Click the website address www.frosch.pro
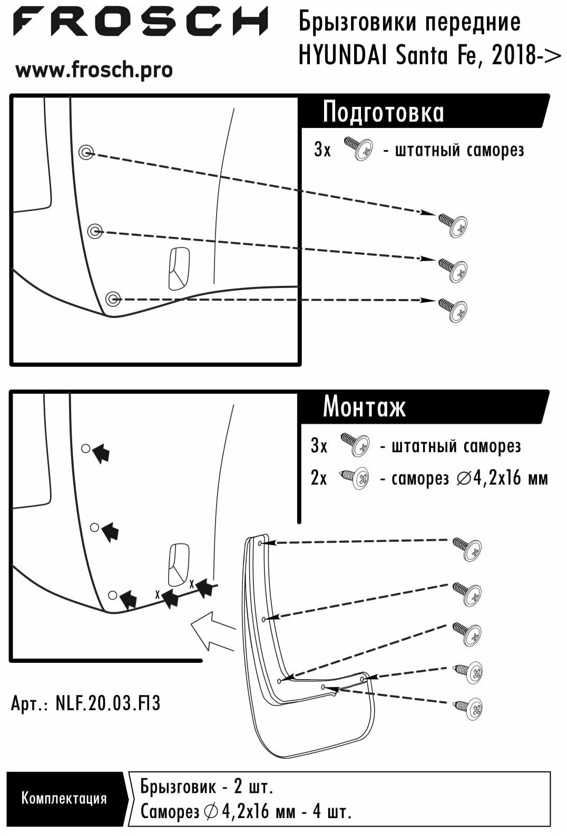click(x=94, y=69)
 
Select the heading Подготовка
click(x=383, y=112)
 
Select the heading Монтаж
click(x=364, y=406)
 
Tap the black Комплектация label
click(x=64, y=798)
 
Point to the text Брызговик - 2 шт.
click(x=207, y=787)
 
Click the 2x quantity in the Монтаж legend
click(x=319, y=478)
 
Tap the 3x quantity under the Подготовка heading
click(x=322, y=150)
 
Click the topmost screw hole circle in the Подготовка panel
click(x=86, y=153)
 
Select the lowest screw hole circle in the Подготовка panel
click(x=112, y=300)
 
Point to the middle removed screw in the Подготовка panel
click(x=454, y=268)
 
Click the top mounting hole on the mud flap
click(x=262, y=543)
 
